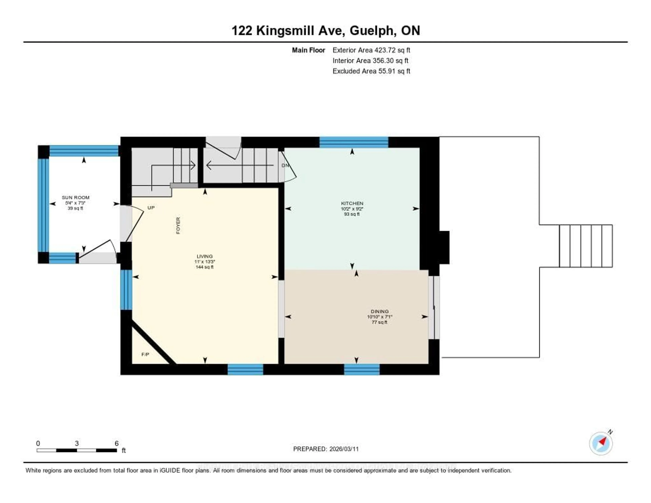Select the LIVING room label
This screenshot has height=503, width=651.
[204, 256]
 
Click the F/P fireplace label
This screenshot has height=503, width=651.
[145, 354]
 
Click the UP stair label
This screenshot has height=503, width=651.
[151, 208]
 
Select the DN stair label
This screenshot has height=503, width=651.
[285, 165]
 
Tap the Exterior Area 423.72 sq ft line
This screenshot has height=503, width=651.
[371, 50]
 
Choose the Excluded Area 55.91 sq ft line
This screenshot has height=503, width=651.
[371, 71]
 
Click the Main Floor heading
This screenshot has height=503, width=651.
[308, 50]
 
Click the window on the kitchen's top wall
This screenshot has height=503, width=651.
[354, 142]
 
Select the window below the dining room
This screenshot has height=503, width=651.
[362, 369]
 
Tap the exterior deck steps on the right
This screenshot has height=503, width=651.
[586, 246]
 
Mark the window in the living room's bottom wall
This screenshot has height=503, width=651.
[245, 369]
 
